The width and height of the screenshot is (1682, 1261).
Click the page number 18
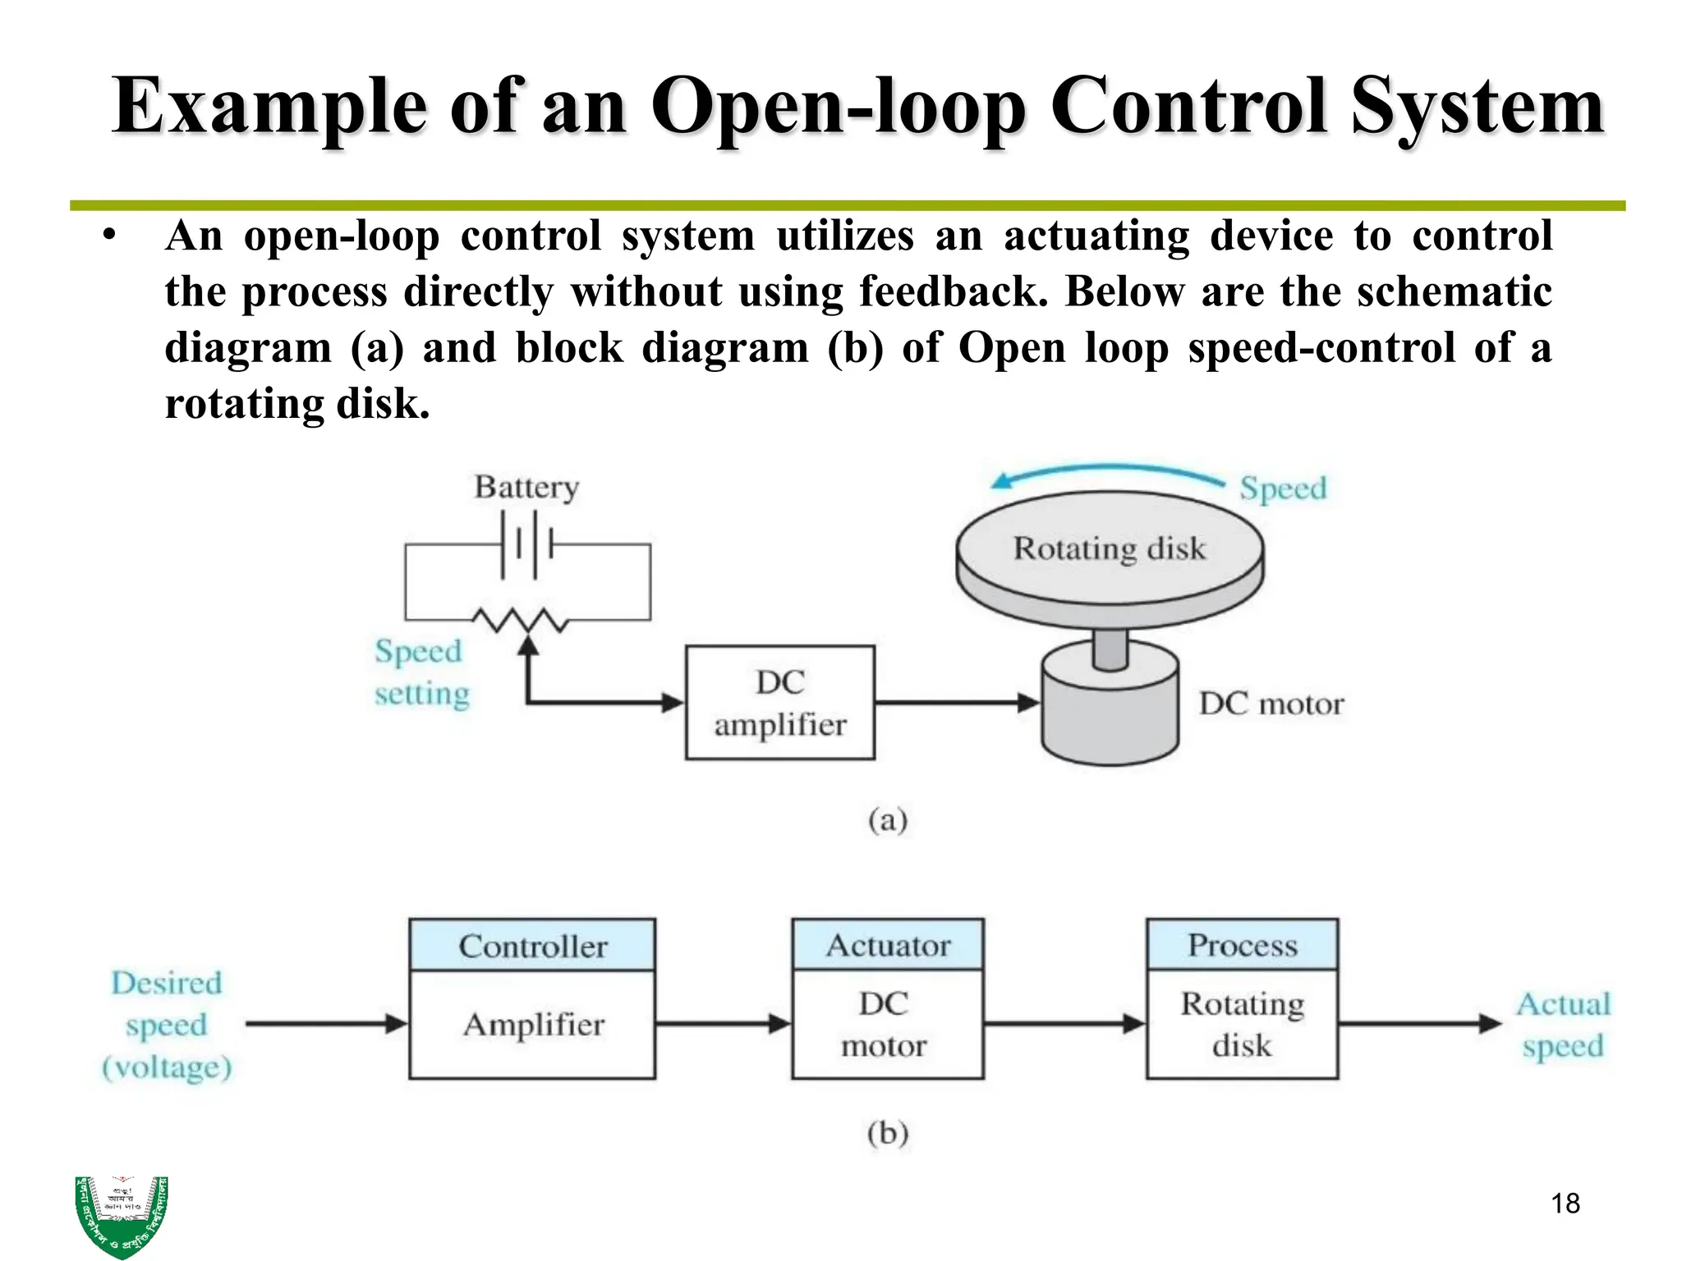(x=1565, y=1204)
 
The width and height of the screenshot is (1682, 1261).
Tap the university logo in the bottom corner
(x=122, y=1215)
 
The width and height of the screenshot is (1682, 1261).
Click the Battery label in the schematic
(x=526, y=487)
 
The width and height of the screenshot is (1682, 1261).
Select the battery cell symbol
(x=526, y=543)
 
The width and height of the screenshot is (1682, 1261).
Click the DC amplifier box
(x=779, y=703)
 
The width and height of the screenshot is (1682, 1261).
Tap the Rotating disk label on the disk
(x=1109, y=548)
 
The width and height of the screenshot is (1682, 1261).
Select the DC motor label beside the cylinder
(x=1271, y=704)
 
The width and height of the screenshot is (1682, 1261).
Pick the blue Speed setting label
(x=421, y=672)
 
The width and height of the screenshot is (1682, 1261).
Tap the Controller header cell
(x=532, y=946)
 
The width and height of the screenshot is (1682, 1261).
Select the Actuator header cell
(x=887, y=945)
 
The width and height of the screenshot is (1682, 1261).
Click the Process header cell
(x=1242, y=945)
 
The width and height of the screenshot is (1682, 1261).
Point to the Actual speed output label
(x=1562, y=1025)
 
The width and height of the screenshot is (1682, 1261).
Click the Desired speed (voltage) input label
(x=167, y=1025)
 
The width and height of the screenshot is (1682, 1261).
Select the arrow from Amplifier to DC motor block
(x=723, y=1024)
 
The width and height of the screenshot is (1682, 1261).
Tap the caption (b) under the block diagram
(x=887, y=1133)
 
